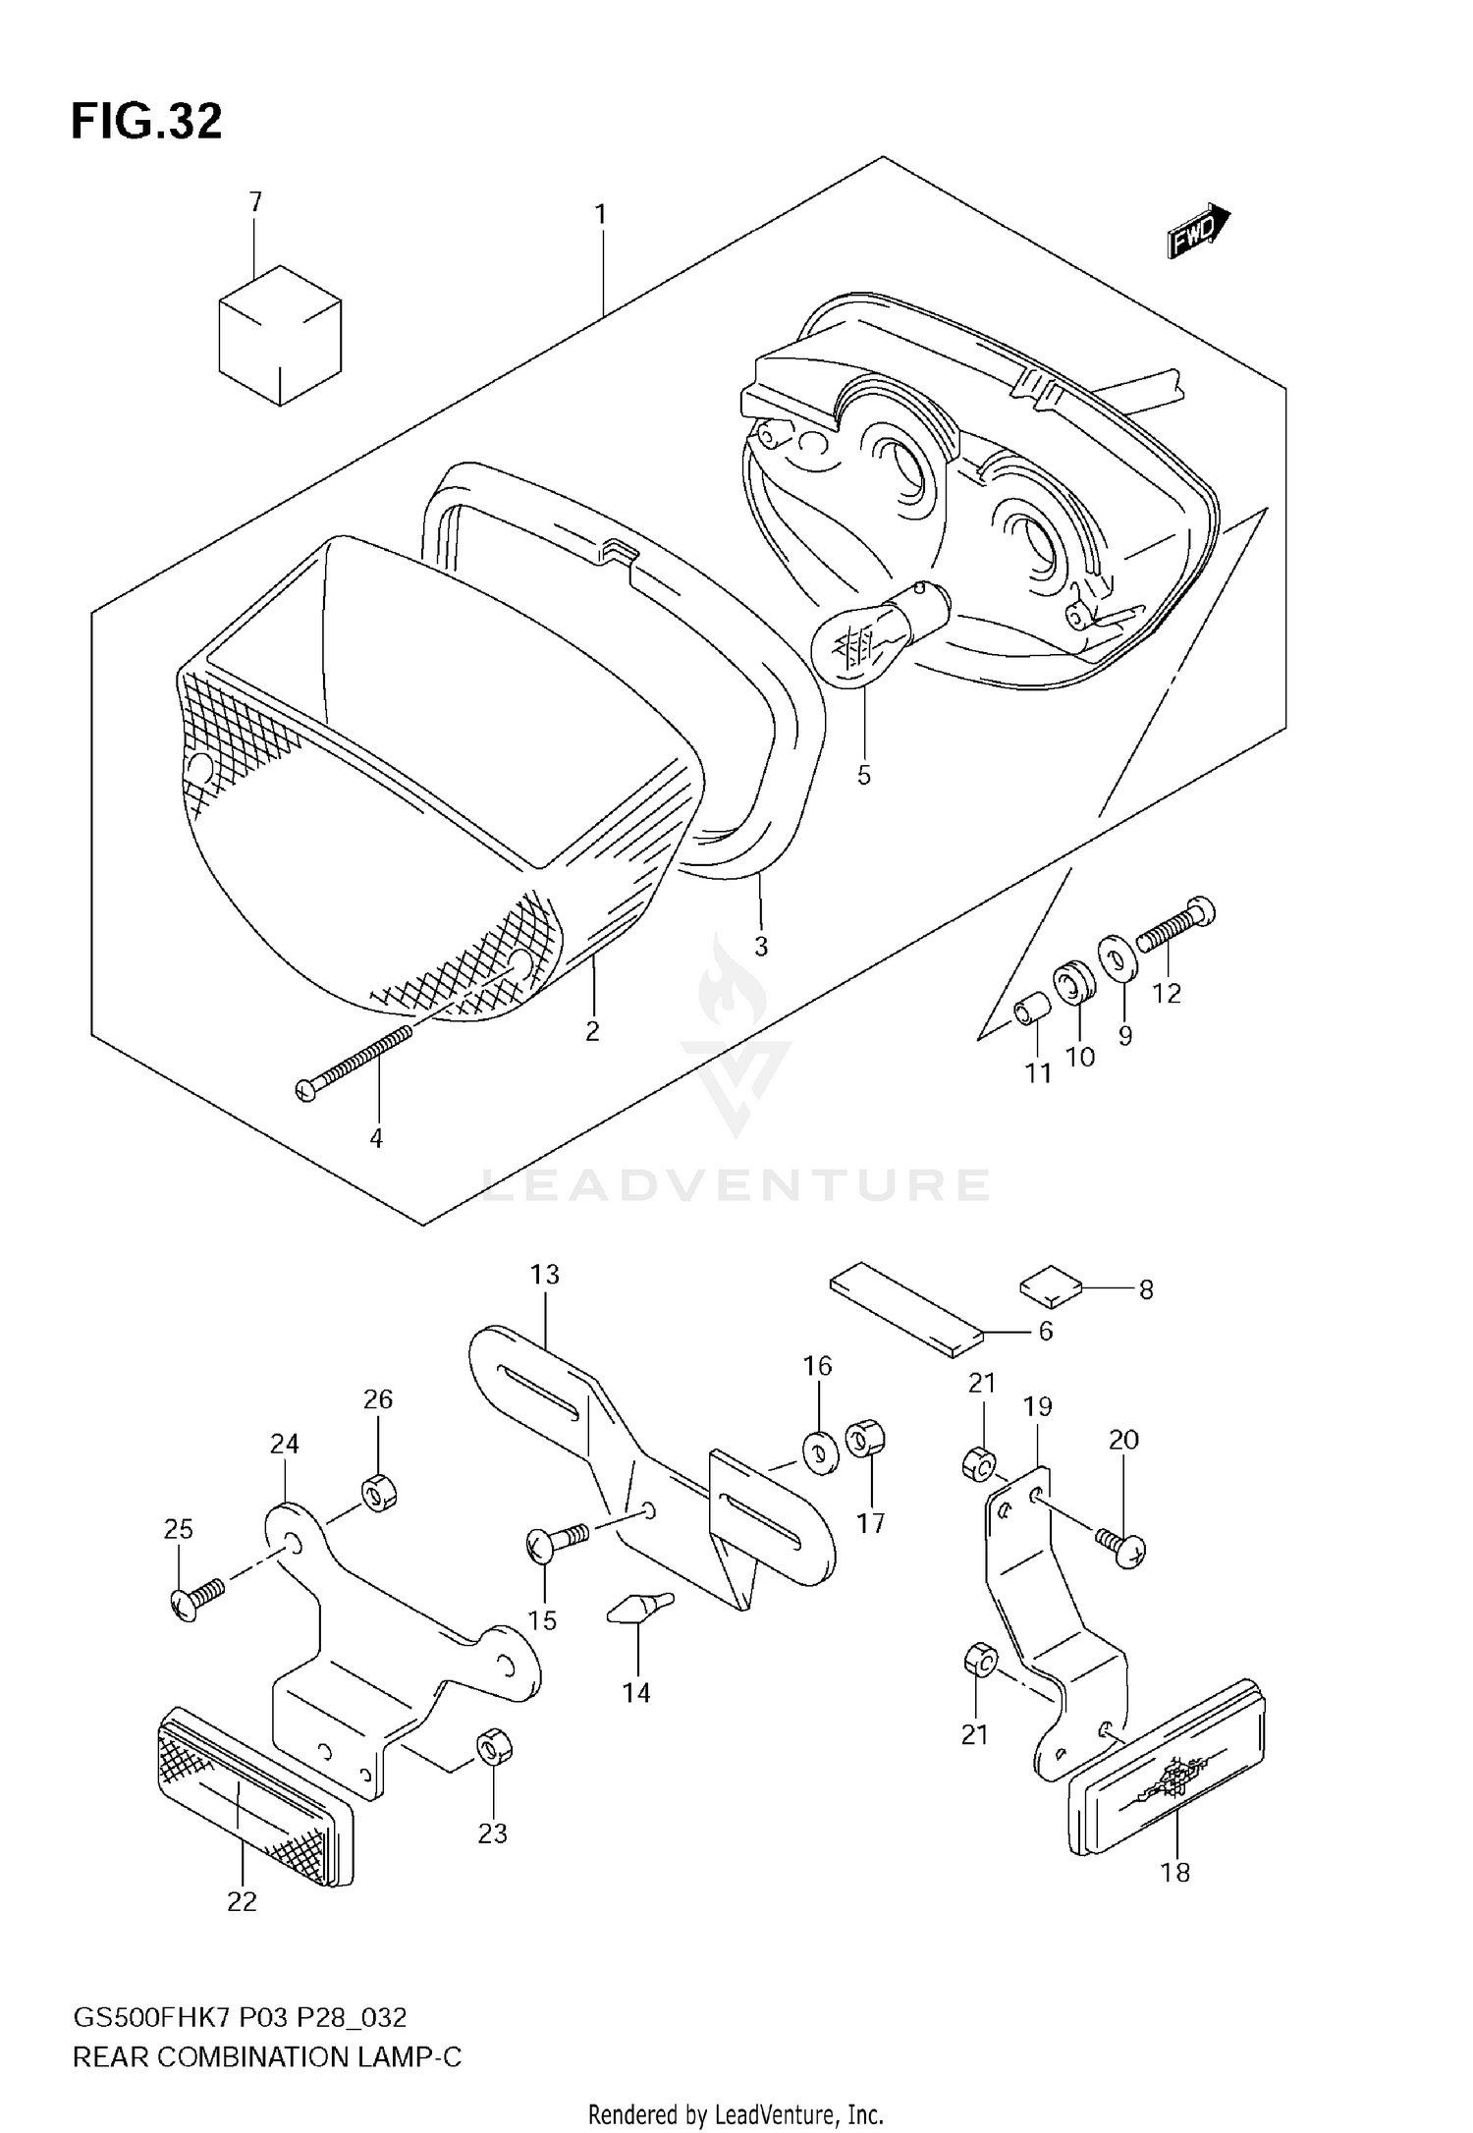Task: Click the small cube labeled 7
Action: [x=280, y=334]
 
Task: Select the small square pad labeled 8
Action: [x=1050, y=1287]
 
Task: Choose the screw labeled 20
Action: [x=1119, y=1546]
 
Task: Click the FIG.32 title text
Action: [x=147, y=122]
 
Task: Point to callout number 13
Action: [x=544, y=1275]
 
